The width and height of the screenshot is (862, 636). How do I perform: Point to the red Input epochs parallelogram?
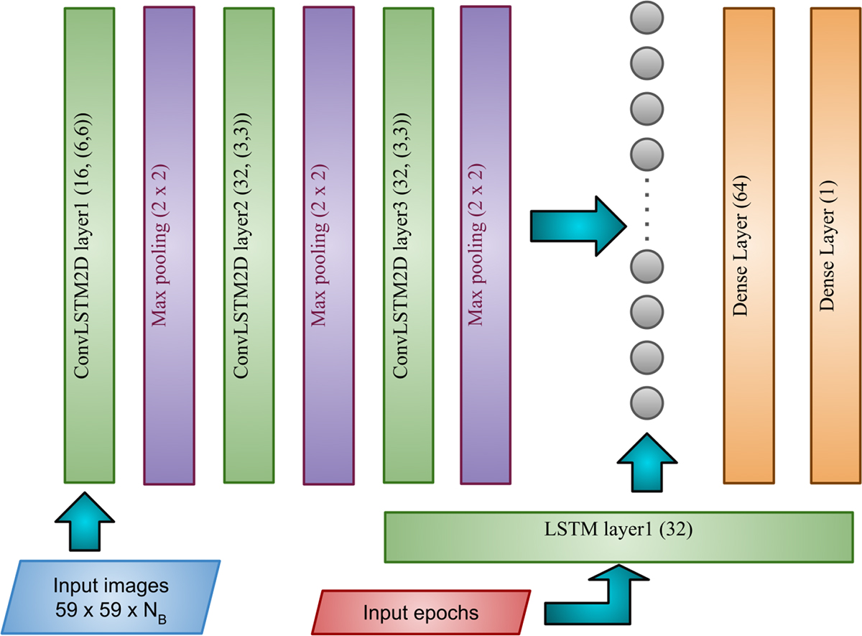point(421,612)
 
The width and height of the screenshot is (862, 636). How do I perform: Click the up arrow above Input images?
point(85,522)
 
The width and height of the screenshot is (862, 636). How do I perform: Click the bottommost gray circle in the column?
point(645,400)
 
